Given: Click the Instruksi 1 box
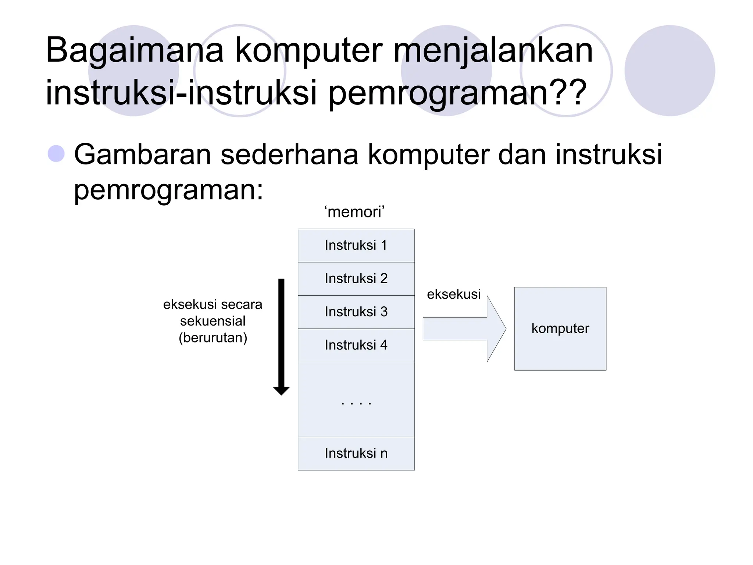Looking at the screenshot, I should [x=356, y=245].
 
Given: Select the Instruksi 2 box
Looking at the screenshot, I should [x=356, y=278].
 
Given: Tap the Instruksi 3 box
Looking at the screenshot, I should [x=356, y=312].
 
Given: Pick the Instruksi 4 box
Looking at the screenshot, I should [x=356, y=345].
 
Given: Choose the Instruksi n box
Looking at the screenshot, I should [x=356, y=453].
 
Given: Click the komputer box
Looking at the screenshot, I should [x=560, y=328].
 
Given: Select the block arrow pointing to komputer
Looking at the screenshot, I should [x=464, y=328].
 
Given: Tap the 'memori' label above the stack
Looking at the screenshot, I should [x=354, y=212].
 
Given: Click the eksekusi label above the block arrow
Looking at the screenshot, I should [x=454, y=294].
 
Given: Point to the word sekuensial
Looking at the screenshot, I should [x=213, y=321].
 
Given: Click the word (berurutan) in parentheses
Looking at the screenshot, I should [x=213, y=338].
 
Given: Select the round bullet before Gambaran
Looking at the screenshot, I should [x=56, y=154].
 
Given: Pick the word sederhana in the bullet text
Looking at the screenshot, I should [x=289, y=154].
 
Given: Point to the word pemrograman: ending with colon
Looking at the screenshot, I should [x=169, y=190].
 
